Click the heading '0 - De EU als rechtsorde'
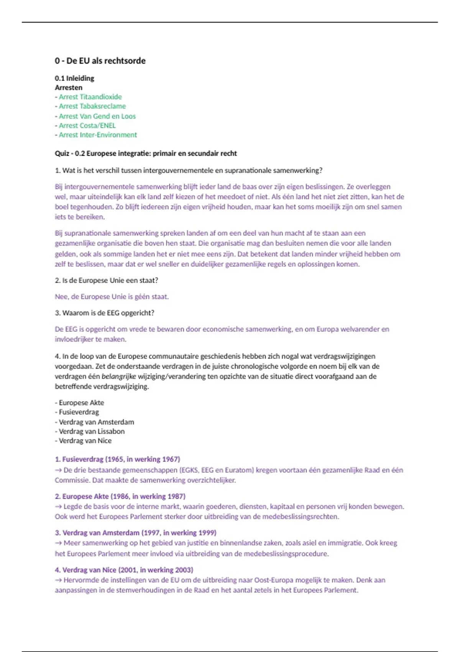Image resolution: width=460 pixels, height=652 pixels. click(100, 61)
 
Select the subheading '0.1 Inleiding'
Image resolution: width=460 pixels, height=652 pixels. click(74, 78)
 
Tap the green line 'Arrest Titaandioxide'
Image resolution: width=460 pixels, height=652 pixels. click(90, 97)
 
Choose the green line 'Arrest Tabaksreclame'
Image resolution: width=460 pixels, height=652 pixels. click(92, 106)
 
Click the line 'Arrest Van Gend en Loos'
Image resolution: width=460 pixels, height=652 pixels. click(97, 116)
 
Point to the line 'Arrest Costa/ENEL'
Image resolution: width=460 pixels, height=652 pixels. click(87, 125)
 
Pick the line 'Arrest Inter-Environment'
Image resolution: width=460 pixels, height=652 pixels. click(98, 135)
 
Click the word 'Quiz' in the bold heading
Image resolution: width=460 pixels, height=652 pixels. click(62, 153)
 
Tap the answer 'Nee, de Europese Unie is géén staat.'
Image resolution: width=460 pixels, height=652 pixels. click(112, 296)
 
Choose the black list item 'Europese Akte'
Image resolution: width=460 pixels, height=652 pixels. click(81, 403)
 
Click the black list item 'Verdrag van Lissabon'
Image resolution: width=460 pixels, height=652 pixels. click(92, 431)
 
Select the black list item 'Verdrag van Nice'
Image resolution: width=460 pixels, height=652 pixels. click(85, 441)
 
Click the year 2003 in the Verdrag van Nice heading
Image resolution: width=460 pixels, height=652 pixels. click(184, 570)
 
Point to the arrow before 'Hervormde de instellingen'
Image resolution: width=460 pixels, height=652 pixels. click(58, 580)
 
